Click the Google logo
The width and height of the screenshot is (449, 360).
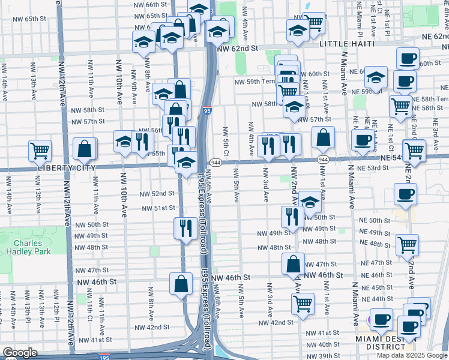tap(20, 353)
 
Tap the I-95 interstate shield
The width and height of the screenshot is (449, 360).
tap(207, 110)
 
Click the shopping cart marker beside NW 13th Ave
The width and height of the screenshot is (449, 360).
tap(40, 150)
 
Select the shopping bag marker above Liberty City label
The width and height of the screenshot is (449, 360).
tap(85, 148)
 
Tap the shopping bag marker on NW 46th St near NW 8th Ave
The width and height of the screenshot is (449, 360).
tap(181, 284)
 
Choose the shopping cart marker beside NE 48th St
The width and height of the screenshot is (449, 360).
tap(408, 244)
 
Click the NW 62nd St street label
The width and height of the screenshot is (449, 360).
tap(237, 48)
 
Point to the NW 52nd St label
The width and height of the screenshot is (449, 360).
tap(157, 194)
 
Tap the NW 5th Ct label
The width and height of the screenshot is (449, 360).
tap(226, 140)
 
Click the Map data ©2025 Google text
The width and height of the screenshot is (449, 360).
tap(411, 355)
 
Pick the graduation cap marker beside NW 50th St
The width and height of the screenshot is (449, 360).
tap(310, 202)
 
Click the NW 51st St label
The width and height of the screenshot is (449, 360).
tap(158, 208)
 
